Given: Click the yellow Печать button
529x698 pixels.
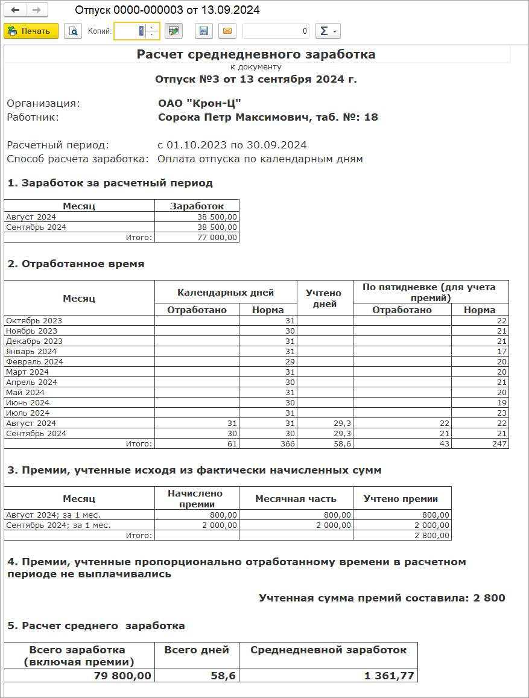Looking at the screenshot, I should (31, 31).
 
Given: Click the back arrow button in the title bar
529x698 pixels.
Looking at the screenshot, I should (16, 11).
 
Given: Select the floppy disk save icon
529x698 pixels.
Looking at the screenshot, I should (204, 31).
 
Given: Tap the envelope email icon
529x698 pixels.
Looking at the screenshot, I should (227, 31).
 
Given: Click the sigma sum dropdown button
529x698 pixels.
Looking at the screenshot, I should (328, 31).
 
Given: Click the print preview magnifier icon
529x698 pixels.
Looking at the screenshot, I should (73, 31).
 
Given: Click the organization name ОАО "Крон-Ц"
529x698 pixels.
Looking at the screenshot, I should (200, 103).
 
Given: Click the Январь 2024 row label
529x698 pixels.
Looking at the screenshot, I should (31, 351).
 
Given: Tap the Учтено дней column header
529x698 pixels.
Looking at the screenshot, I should (325, 298).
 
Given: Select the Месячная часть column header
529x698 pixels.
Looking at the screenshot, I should (296, 499).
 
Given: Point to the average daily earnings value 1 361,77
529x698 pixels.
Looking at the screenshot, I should (389, 676).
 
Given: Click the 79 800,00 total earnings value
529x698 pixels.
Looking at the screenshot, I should (122, 676).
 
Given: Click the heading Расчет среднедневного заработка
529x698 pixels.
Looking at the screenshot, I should (256, 54).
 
